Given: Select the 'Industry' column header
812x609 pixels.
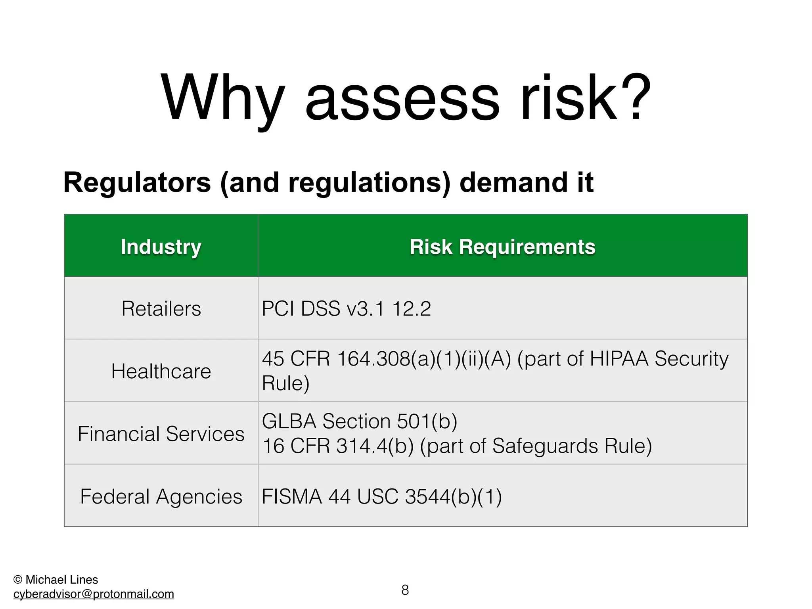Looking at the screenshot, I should pos(161,247).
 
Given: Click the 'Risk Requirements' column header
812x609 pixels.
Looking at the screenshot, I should pos(502,247).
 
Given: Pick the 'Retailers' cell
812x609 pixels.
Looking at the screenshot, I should pos(161,308).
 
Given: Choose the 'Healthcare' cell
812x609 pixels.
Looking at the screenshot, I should pos(161,371).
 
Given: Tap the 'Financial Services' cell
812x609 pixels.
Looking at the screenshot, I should pos(161,433).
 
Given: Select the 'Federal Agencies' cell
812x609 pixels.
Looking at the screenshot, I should pos(161,496).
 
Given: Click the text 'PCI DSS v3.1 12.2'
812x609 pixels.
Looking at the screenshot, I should pos(346,308).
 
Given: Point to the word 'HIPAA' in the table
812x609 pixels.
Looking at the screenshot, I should pos(619,358).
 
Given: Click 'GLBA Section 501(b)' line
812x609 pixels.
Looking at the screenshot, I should pos(359,421).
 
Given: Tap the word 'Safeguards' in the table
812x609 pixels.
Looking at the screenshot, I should pos(545,446).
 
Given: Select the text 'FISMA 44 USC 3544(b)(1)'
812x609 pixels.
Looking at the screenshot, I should pos(381,496).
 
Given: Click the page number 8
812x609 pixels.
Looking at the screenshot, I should pos(405,590).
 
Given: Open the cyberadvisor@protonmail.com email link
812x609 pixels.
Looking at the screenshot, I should pos(94,594).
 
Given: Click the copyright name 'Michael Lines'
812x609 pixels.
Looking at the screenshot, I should pos(61,580).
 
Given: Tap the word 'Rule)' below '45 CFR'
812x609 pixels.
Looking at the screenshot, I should pos(285,383).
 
